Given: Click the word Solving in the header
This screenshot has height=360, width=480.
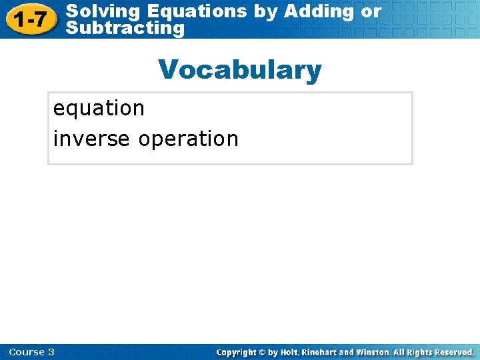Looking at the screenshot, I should click(x=104, y=11).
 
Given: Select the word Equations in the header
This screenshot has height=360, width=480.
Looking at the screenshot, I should click(x=197, y=11).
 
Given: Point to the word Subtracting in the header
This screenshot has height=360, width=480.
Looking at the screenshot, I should click(x=126, y=29).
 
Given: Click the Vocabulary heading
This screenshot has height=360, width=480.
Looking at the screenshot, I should click(x=239, y=69).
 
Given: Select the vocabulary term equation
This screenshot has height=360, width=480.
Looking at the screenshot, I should click(x=99, y=108).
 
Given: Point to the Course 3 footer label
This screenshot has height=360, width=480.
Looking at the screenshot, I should click(x=32, y=352).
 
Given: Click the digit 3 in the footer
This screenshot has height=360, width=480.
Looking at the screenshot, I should click(x=51, y=352).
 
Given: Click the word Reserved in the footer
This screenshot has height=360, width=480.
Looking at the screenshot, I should click(x=453, y=352).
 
